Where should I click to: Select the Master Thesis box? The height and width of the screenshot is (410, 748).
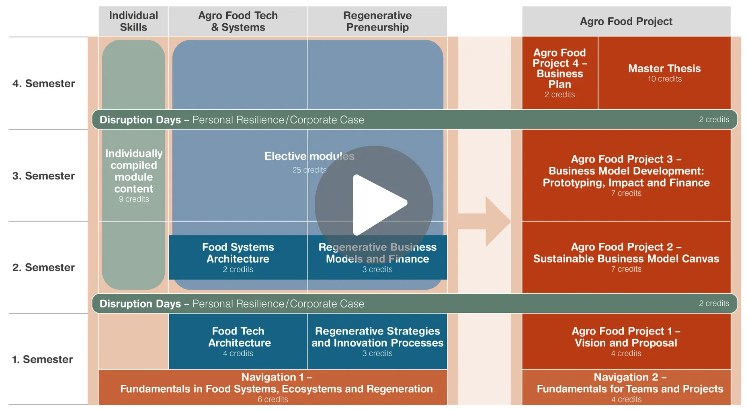664,73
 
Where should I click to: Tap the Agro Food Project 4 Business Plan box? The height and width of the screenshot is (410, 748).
560,73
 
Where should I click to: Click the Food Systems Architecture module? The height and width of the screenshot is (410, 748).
238,257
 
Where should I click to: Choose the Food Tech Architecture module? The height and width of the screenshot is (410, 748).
238,341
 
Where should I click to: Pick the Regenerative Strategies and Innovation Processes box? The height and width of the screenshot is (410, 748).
377,341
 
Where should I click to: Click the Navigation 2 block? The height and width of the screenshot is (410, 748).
626,387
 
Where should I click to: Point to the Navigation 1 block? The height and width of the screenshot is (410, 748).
273,387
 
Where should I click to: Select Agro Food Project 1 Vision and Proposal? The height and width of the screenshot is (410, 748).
626,341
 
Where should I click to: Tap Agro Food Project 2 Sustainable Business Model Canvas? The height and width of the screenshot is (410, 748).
626,257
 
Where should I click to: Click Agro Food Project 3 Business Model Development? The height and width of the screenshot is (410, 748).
626,175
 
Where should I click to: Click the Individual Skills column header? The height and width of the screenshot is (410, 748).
133,21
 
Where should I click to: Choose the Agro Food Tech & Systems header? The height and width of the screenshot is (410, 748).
238,21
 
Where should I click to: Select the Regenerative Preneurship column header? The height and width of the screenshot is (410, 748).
377,21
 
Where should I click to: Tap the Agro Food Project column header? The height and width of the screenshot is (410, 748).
626,21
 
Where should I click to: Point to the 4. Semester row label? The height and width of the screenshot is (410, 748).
44,84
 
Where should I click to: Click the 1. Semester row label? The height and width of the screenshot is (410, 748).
43,359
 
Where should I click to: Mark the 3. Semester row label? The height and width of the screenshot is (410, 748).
44,176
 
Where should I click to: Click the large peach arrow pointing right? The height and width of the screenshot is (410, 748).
484,221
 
